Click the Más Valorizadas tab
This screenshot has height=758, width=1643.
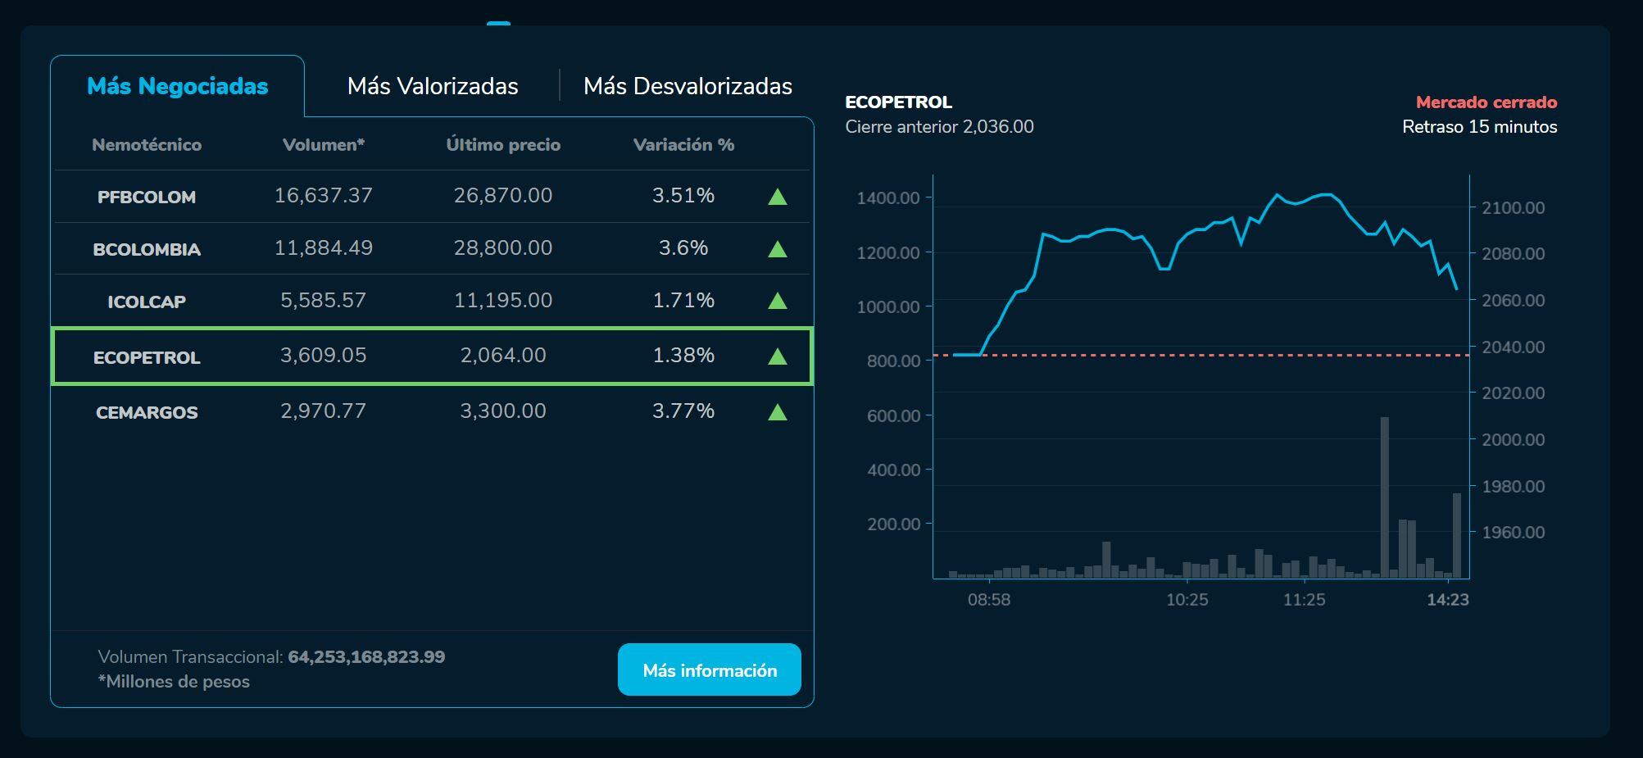click(433, 86)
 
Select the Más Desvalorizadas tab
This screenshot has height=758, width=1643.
click(688, 86)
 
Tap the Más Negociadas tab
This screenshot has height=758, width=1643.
click(177, 86)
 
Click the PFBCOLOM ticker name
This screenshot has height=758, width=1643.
click(147, 197)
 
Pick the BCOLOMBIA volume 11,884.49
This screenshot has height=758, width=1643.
click(323, 247)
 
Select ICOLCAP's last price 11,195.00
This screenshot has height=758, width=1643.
click(502, 300)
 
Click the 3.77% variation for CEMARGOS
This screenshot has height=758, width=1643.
click(683, 411)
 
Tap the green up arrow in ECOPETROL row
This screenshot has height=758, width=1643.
click(777, 356)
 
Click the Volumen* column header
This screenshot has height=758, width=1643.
click(323, 145)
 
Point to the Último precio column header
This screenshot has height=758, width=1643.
click(502, 145)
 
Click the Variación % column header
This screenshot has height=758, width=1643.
click(683, 145)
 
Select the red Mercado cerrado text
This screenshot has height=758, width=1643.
click(1486, 102)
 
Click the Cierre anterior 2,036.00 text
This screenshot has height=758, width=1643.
click(939, 127)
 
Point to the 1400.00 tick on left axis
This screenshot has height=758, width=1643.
click(887, 197)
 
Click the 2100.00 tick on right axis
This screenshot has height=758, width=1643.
click(1513, 208)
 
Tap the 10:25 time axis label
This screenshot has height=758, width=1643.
click(1187, 600)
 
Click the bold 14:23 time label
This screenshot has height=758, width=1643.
click(1447, 600)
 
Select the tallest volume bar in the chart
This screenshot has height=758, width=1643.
click(1384, 500)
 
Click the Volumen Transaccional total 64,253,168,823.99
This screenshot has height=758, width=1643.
click(366, 657)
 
